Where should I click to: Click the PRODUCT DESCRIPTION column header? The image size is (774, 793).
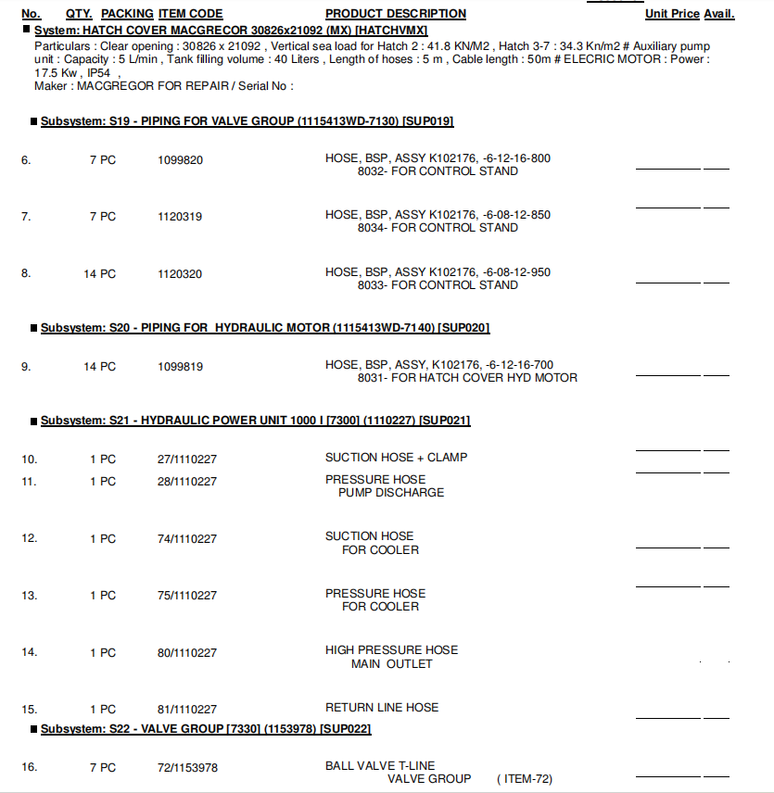pos(396,14)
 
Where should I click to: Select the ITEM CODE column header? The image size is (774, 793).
pos(191,14)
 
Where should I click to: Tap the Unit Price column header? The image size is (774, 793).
pos(672,14)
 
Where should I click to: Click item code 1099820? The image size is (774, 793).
pos(180,160)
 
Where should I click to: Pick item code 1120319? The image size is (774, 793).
pos(180,217)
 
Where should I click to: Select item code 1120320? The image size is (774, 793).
pos(180,274)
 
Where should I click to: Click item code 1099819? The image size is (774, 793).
pos(180,367)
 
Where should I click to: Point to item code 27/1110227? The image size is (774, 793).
pos(187,459)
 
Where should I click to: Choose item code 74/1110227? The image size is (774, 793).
pos(187,539)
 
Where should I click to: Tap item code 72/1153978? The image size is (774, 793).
pos(187,768)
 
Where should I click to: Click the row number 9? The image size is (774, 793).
pos(26,367)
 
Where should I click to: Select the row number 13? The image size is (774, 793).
pos(29,596)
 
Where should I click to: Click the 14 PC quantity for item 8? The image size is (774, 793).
pos(100,274)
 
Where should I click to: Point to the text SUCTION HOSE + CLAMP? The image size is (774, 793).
pos(396,458)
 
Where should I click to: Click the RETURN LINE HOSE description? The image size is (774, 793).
pos(382,708)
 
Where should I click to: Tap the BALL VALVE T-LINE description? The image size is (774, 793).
pos(381,766)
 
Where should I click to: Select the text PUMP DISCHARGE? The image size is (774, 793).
pos(391,493)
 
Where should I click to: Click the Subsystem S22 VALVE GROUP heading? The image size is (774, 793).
pos(206,729)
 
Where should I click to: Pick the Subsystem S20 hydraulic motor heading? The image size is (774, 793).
pos(265,328)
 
